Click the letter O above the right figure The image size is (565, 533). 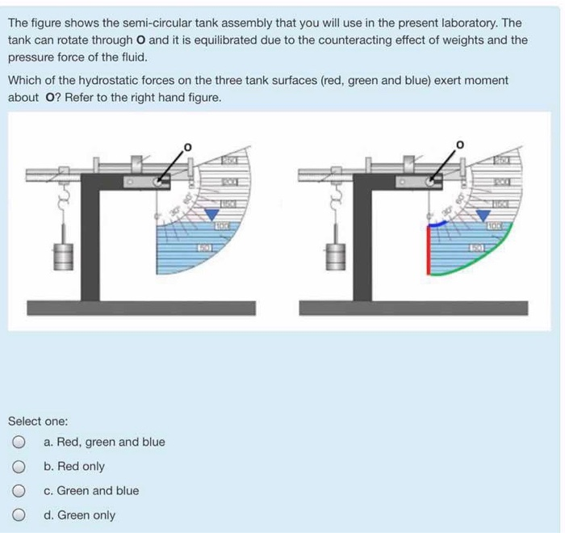coord(460,145)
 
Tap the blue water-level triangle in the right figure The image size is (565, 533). coord(483,213)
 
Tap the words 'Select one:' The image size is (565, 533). coord(38,421)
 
